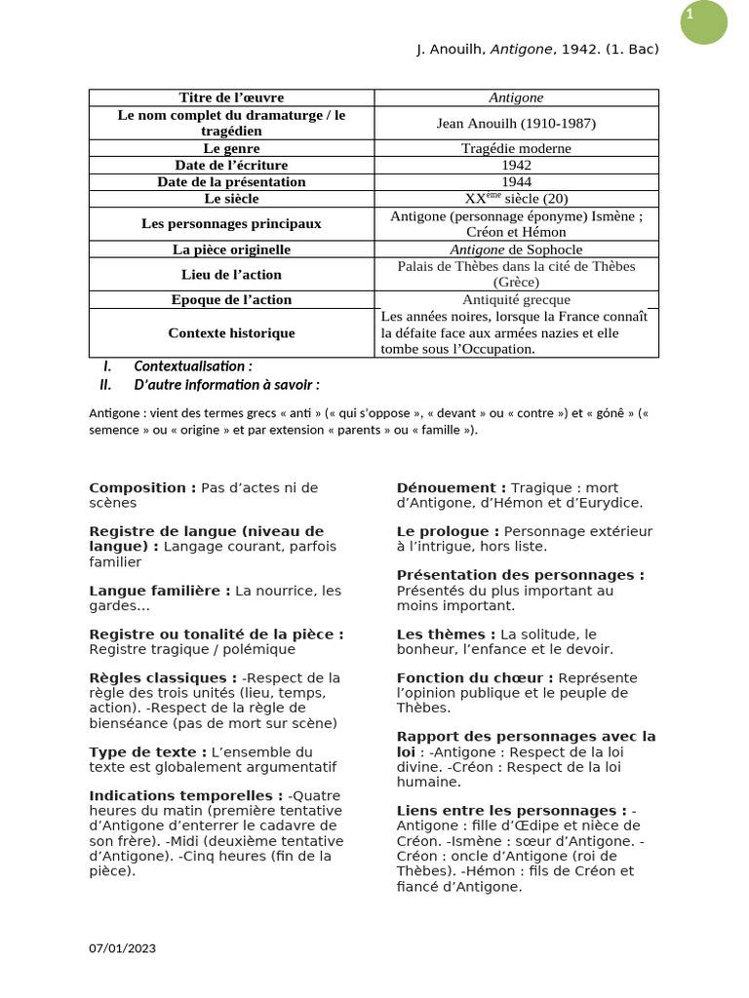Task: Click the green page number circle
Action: [x=703, y=21]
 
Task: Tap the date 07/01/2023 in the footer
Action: [x=122, y=948]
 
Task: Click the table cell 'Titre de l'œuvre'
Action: [x=232, y=97]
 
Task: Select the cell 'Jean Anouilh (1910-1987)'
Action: [x=516, y=123]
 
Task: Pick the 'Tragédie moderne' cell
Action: [x=516, y=148]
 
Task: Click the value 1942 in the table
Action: [x=516, y=165]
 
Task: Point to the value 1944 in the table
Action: [x=516, y=181]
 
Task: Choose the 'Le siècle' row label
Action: [x=232, y=198]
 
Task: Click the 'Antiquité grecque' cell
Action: [x=516, y=299]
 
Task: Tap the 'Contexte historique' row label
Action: [x=232, y=333]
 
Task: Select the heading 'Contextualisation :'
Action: [x=192, y=366]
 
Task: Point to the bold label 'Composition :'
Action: [x=142, y=487]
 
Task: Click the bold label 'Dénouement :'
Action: [x=451, y=487]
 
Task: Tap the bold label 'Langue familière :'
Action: [x=160, y=591]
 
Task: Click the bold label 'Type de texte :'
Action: [x=147, y=751]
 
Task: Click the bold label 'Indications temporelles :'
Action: [x=186, y=795]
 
